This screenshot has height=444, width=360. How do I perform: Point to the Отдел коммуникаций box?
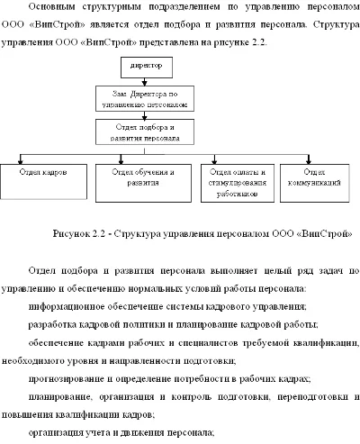314,176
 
